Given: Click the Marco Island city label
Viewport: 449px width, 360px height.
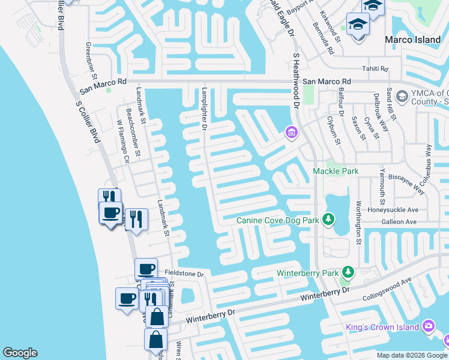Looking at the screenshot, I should click(412, 40).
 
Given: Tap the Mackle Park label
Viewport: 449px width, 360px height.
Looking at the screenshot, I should click(336, 171).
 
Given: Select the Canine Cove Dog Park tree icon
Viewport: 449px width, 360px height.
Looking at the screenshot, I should click(328, 220).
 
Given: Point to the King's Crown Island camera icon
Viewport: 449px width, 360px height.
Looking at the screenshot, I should click(428, 326).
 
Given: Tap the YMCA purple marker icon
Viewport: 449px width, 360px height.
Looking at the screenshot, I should click(402, 96).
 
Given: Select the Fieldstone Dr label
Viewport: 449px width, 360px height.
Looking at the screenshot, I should click(189, 274).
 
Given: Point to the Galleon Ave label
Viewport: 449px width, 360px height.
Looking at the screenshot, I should click(402, 221).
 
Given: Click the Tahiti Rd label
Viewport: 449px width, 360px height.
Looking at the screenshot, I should click(375, 68).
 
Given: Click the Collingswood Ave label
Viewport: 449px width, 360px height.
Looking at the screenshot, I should click(387, 290).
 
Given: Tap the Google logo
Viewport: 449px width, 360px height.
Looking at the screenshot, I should click(20, 353).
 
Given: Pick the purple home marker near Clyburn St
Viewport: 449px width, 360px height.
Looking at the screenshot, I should click(291, 132).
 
